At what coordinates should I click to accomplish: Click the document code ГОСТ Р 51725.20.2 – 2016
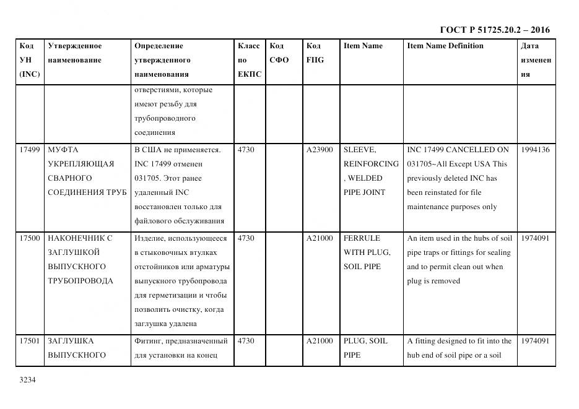pyautogui.click(x=494, y=30)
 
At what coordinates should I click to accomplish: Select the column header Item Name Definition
pyautogui.click(x=445, y=46)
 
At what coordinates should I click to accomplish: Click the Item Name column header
pyautogui.click(x=363, y=46)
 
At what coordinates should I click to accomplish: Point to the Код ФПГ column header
pyautogui.click(x=315, y=53)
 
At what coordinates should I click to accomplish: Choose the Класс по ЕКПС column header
pyautogui.click(x=249, y=60)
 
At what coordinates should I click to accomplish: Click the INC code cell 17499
pyautogui.click(x=30, y=150)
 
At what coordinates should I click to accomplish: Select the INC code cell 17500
pyautogui.click(x=30, y=238)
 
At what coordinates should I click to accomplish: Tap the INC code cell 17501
pyautogui.click(x=30, y=341)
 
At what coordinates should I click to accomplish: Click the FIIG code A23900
pyautogui.click(x=320, y=150)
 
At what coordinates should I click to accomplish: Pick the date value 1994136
pyautogui.click(x=535, y=150)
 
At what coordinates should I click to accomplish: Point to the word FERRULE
pyautogui.click(x=362, y=238)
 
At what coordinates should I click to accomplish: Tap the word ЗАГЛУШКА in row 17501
pyautogui.click(x=71, y=341)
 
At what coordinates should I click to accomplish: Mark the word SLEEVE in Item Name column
pyautogui.click(x=359, y=150)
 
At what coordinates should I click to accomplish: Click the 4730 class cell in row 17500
pyautogui.click(x=246, y=238)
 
